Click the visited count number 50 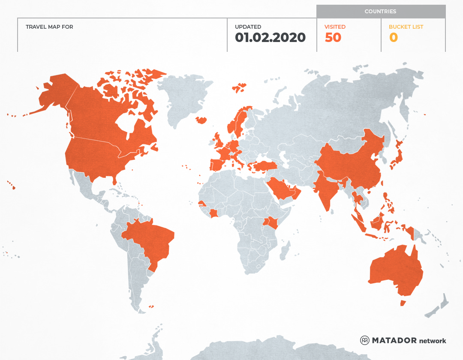(333, 38)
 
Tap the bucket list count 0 (393, 38)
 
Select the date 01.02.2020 (270, 38)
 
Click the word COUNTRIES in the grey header (380, 12)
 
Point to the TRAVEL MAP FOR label (49, 27)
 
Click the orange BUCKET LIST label (406, 27)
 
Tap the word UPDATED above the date (248, 27)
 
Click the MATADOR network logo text (409, 341)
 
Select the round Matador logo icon (365, 340)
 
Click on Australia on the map (394, 270)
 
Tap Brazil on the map (150, 240)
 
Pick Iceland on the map (201, 120)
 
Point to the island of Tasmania (403, 303)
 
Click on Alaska (54, 92)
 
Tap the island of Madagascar (285, 251)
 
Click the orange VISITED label (335, 27)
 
